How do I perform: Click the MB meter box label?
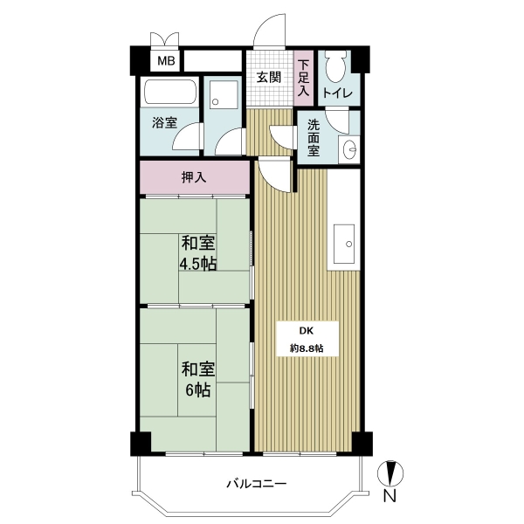tap(166, 61)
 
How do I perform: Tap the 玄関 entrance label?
tap(268, 78)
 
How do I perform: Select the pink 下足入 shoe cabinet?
tap(303, 78)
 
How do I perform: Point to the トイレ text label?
tap(337, 93)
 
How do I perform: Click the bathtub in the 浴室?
tap(169, 92)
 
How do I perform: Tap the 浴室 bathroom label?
tap(164, 122)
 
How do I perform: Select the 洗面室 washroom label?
tap(314, 137)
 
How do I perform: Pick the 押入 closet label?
tap(194, 177)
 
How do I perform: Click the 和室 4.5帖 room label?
tap(198, 253)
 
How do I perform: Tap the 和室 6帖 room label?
tap(198, 380)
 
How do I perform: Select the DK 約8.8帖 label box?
tap(307, 339)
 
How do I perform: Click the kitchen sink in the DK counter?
tap(344, 244)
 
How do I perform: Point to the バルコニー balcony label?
tap(257, 484)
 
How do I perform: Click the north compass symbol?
tap(390, 473)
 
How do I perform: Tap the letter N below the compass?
tap(390, 495)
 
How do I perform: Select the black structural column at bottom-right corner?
tap(362, 444)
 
